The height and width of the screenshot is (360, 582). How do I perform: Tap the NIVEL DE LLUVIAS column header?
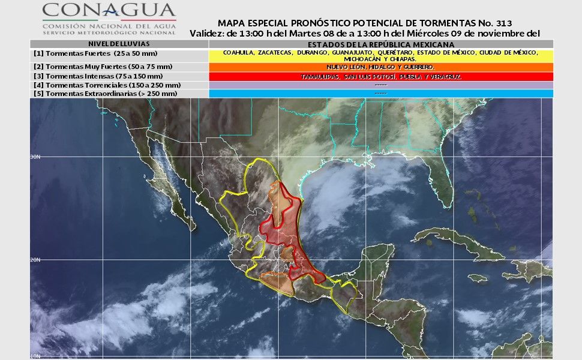pos(119,44)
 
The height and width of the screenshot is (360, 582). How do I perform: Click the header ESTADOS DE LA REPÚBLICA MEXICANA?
pos(381,44)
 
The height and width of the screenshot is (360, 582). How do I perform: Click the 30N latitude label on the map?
pos(35,157)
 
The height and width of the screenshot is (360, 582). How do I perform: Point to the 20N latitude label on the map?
pos(35,260)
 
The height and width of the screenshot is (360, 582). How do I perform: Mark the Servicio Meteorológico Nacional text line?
pos(109,32)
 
